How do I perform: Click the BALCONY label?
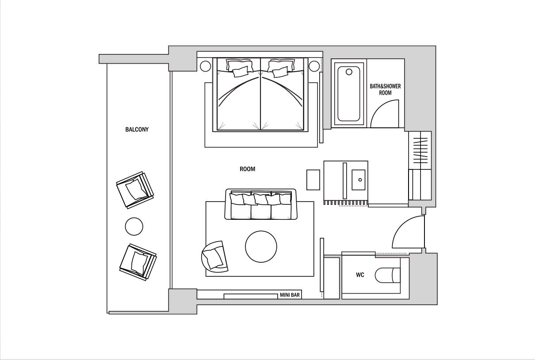click(x=137, y=130)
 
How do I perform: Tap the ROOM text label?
click(x=248, y=169)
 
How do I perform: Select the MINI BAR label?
click(x=290, y=295)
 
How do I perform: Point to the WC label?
click(x=360, y=275)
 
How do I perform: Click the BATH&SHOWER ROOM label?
click(x=385, y=89)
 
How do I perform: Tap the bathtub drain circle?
click(x=349, y=72)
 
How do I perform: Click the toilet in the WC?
click(x=388, y=275)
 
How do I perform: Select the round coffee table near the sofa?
click(x=261, y=246)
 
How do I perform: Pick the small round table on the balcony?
click(x=134, y=226)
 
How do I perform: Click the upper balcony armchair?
click(x=135, y=190)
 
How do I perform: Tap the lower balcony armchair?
click(x=138, y=262)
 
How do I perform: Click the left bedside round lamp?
click(x=206, y=66)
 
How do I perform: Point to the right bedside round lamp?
click(x=314, y=66)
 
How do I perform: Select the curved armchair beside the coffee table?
click(x=214, y=257)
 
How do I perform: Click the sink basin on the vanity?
click(x=358, y=180)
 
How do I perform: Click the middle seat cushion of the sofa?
click(x=261, y=211)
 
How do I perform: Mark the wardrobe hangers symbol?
click(x=420, y=150)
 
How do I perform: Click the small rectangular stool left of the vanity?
click(x=313, y=180)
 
